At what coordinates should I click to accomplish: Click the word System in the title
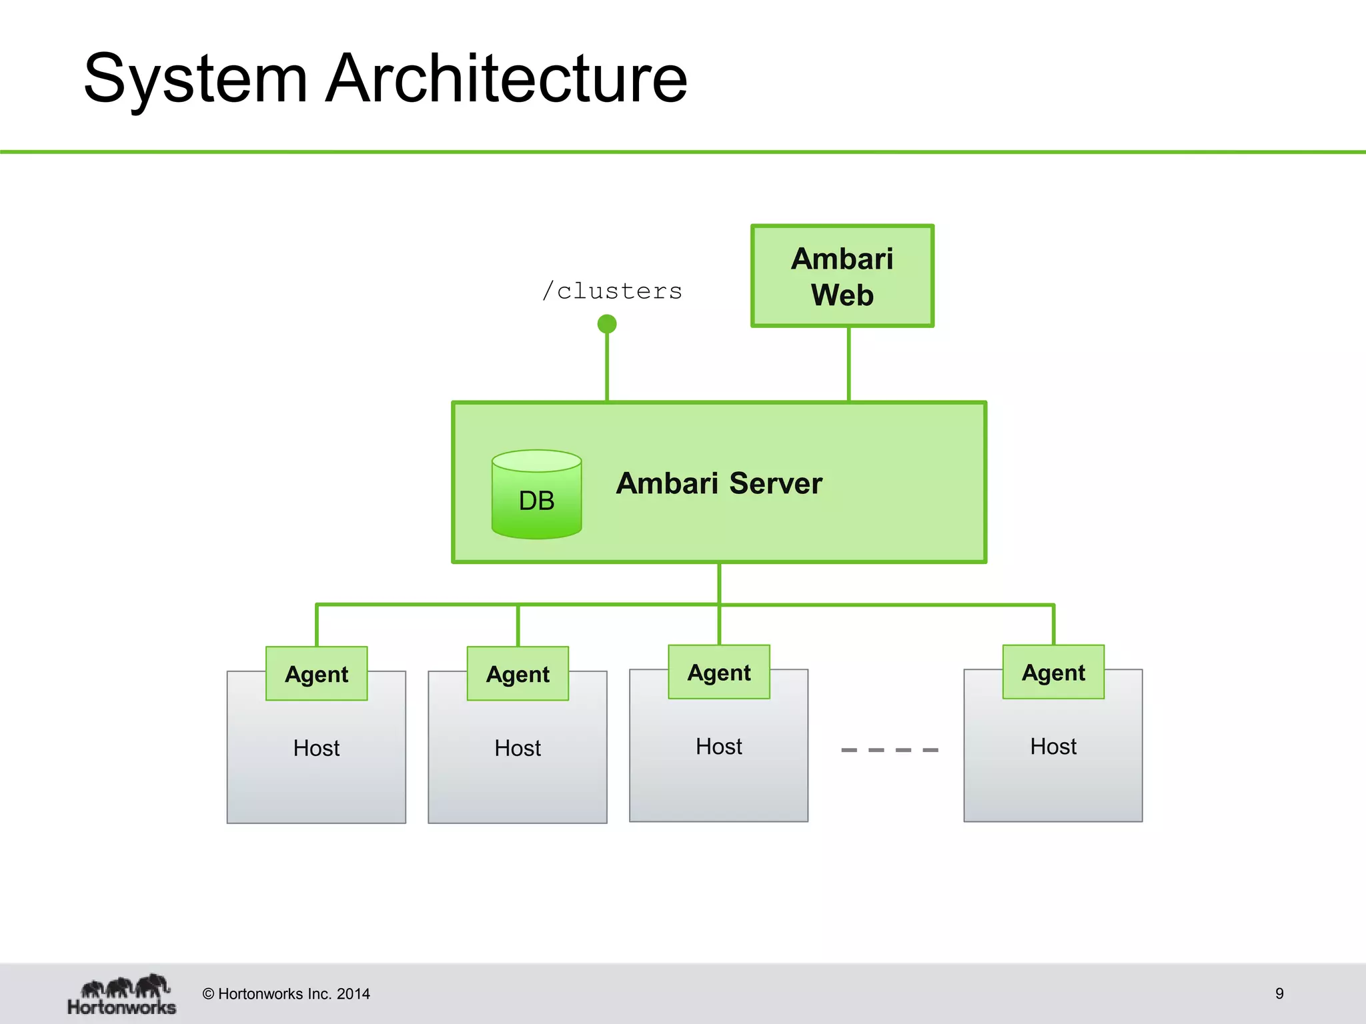point(195,79)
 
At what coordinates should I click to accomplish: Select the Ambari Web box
point(842,276)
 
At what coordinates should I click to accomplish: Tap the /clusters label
point(612,291)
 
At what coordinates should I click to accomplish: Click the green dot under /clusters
point(607,324)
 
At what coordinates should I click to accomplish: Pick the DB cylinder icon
point(537,495)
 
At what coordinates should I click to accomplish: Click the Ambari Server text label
point(719,483)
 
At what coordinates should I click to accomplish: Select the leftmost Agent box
point(317,674)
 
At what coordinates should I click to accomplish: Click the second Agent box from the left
point(518,674)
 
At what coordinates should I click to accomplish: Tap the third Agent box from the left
point(719,673)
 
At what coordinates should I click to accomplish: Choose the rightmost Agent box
point(1053,673)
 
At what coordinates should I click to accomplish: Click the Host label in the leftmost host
point(317,748)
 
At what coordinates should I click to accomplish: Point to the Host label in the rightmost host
point(1053,747)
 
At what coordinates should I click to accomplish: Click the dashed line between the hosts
point(890,750)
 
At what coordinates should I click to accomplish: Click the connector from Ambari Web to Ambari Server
point(848,364)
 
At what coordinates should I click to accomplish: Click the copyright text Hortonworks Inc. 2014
point(286,994)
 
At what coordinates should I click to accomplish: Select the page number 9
point(1279,993)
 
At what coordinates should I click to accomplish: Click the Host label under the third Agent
point(719,747)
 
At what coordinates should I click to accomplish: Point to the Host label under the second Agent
point(518,748)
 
